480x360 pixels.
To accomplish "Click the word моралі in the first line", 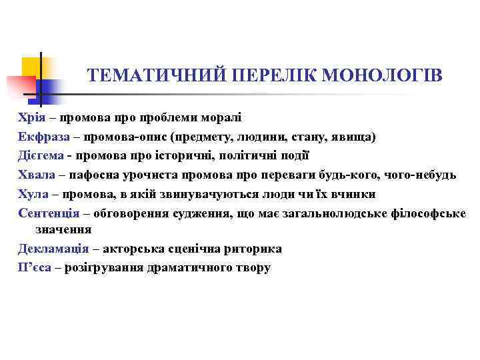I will click(x=204, y=118).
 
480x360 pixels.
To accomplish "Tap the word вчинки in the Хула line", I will click(x=353, y=194).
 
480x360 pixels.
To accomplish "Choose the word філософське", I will click(x=426, y=213).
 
